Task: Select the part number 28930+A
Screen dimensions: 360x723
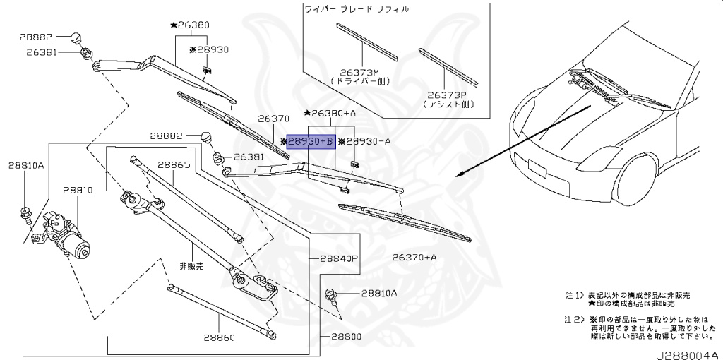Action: pos(367,142)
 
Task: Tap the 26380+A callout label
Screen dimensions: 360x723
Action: pos(333,113)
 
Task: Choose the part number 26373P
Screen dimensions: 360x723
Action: pos(450,94)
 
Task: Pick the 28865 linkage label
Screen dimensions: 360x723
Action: pos(174,164)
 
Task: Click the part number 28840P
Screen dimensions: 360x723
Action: pos(340,258)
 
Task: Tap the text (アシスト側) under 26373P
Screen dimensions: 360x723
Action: pos(450,103)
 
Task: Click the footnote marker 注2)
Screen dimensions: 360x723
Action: pos(573,320)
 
